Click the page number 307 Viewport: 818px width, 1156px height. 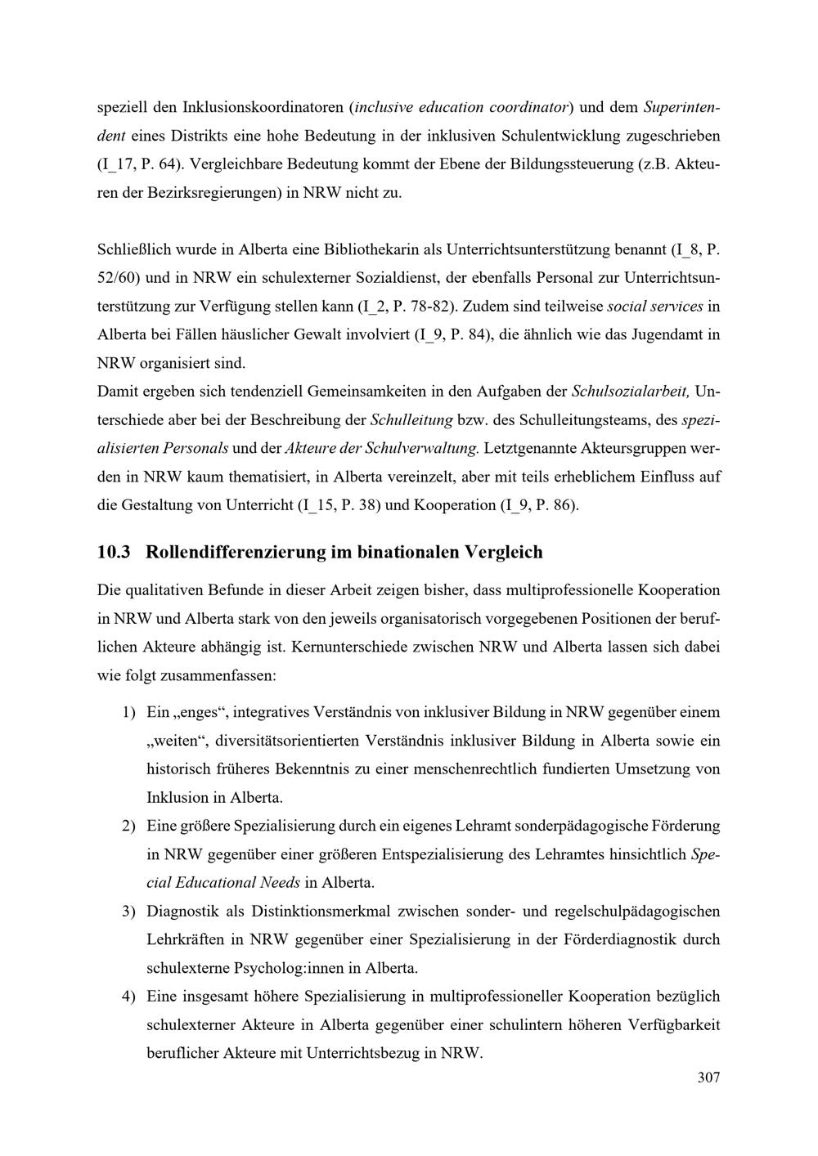click(708, 1078)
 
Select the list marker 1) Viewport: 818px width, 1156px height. click(128, 713)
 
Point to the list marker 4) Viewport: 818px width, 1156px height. click(128, 997)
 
